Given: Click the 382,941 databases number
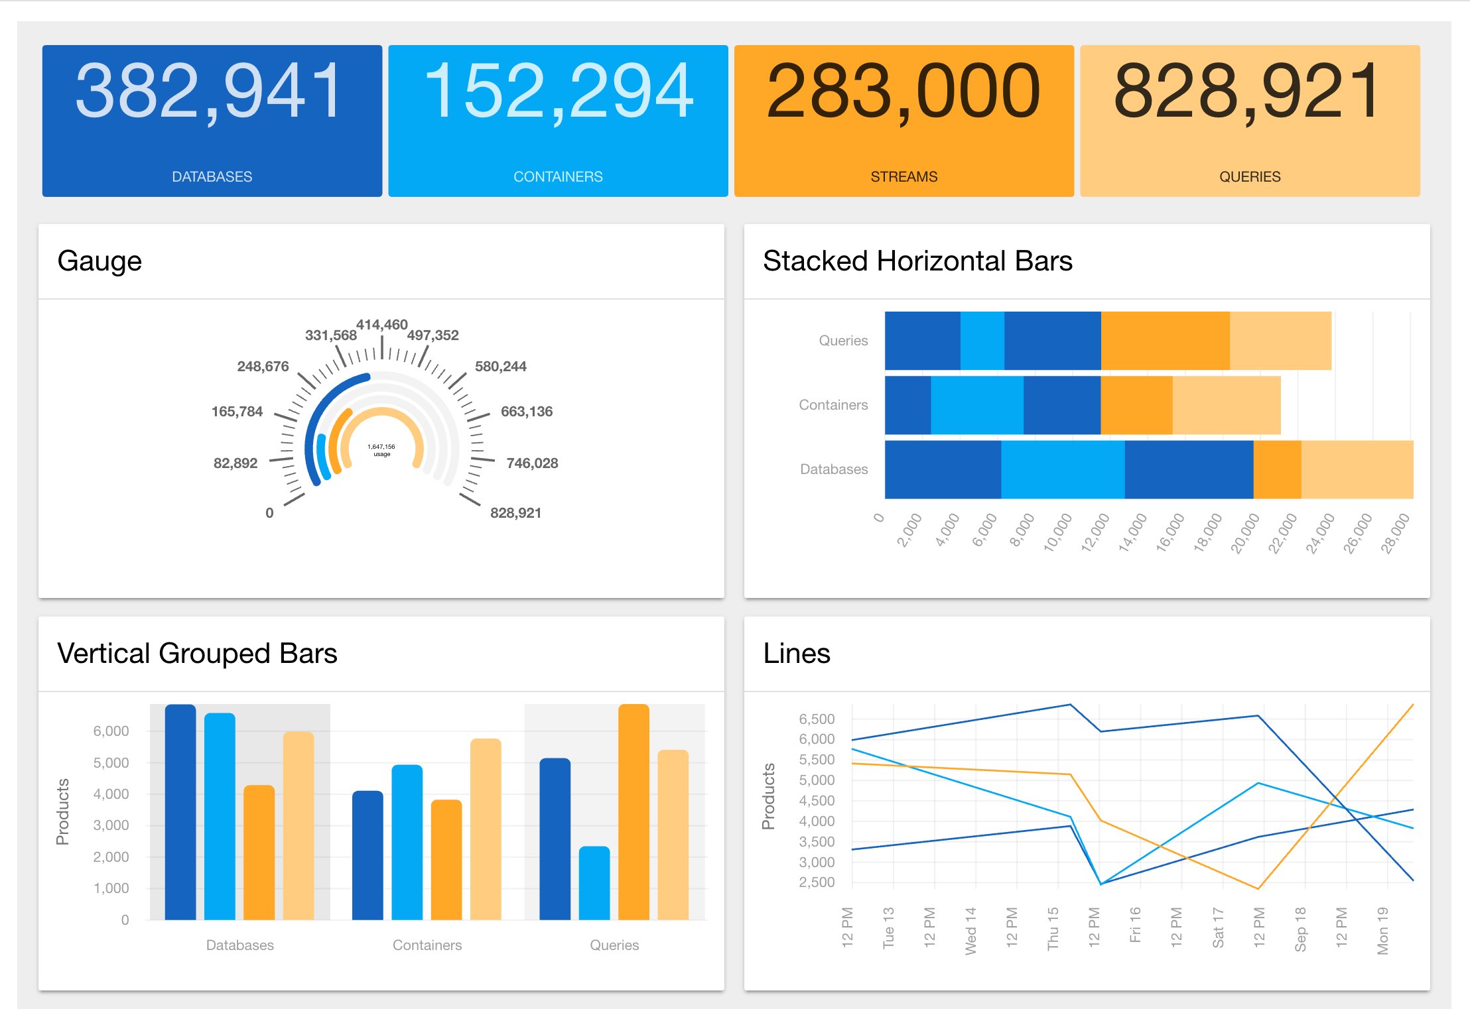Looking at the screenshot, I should click(x=210, y=91).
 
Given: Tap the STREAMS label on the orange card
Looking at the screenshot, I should click(x=903, y=177).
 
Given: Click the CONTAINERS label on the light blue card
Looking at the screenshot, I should click(x=558, y=177).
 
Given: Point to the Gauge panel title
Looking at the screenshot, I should click(x=100, y=261).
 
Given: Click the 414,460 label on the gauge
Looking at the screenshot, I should click(x=381, y=325).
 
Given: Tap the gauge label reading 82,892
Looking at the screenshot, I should click(x=235, y=463).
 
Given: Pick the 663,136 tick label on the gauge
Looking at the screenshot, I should click(x=527, y=412).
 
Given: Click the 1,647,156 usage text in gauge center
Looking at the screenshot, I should click(x=381, y=450).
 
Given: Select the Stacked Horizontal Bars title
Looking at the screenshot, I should click(x=917, y=261).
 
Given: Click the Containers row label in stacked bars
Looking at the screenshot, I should click(x=833, y=405).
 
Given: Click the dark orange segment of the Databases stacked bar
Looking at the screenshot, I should click(x=1277, y=469).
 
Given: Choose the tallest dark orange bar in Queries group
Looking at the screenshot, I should click(x=634, y=812).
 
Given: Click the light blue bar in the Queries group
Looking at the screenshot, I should click(x=594, y=883).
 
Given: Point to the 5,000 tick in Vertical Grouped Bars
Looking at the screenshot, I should click(x=111, y=763).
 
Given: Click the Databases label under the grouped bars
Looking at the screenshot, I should click(x=239, y=945).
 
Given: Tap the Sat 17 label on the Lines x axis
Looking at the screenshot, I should click(x=1218, y=928).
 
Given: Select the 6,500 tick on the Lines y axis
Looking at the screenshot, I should click(x=817, y=719).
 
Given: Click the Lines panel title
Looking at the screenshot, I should click(x=797, y=654).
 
